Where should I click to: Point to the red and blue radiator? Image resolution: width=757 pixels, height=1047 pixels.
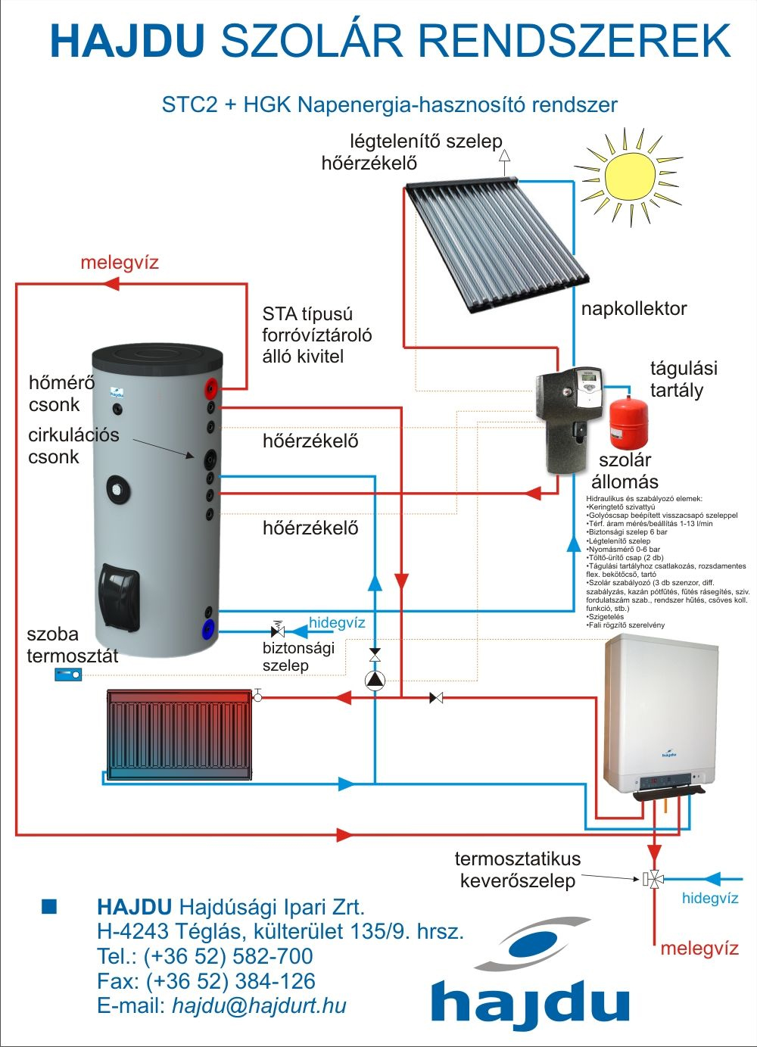pyautogui.click(x=179, y=734)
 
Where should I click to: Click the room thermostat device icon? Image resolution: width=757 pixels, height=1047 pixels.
pyautogui.click(x=67, y=675)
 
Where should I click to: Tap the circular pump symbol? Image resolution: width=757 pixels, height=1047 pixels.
pyautogui.click(x=375, y=680)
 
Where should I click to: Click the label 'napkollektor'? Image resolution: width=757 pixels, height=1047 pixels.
pyautogui.click(x=634, y=308)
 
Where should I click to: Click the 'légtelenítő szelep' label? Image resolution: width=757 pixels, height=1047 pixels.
pyautogui.click(x=425, y=142)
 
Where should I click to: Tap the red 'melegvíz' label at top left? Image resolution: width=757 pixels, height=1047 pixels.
pyautogui.click(x=120, y=263)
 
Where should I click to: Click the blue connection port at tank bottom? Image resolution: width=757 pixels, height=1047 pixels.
pyautogui.click(x=207, y=628)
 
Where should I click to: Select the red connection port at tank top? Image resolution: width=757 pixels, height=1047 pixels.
pyautogui.click(x=210, y=391)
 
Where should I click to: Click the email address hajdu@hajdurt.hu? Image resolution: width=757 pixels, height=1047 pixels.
pyautogui.click(x=259, y=1005)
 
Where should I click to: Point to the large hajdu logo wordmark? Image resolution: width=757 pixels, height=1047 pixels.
pyautogui.click(x=530, y=1001)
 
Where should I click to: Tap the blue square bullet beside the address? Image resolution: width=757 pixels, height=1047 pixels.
pyautogui.click(x=49, y=906)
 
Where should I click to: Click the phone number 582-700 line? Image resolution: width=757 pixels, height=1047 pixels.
pyautogui.click(x=205, y=956)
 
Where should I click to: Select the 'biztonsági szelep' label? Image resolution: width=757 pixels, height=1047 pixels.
pyautogui.click(x=298, y=656)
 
